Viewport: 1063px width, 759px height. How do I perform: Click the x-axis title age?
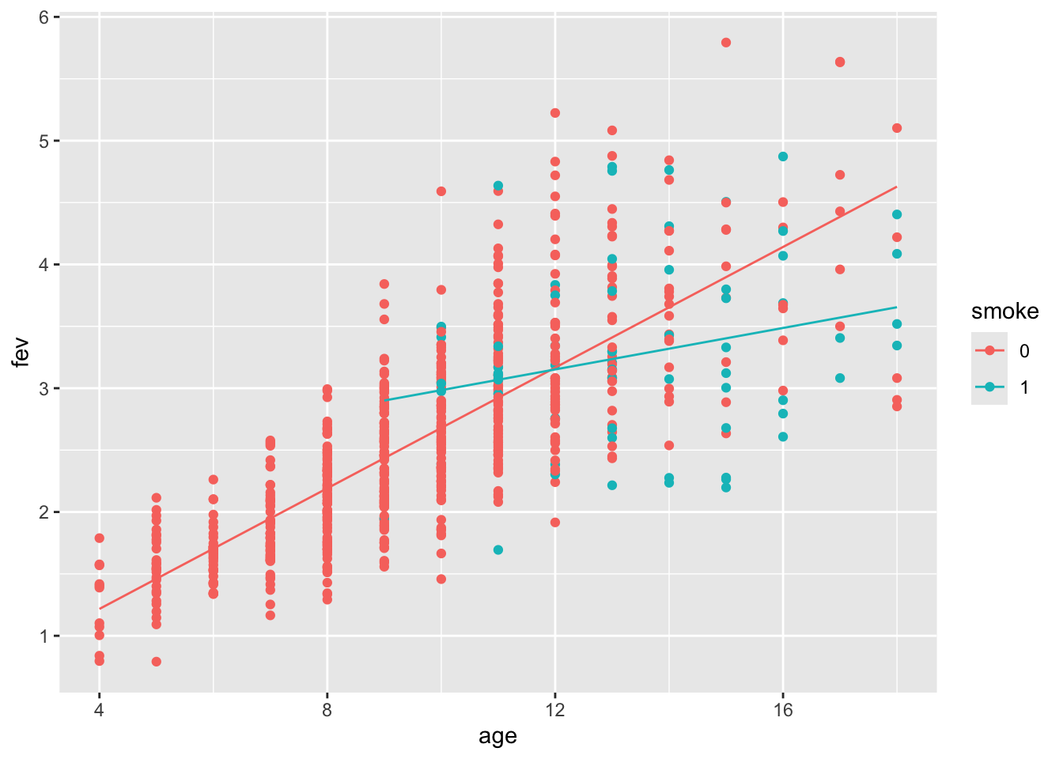pyautogui.click(x=497, y=737)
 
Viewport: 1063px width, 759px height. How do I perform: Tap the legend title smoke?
pyautogui.click(x=1004, y=312)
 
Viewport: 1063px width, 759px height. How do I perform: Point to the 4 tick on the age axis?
pyautogui.click(x=99, y=709)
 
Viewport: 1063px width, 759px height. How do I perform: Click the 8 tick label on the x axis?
pyautogui.click(x=327, y=709)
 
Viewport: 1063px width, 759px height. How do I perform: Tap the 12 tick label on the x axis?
pyautogui.click(x=555, y=709)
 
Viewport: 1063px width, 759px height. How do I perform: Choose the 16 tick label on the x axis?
pyautogui.click(x=783, y=709)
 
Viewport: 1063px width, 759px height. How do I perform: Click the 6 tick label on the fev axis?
pyautogui.click(x=44, y=17)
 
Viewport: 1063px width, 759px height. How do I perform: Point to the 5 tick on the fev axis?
pyautogui.click(x=44, y=141)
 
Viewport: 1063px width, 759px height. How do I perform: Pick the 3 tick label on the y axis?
pyautogui.click(x=44, y=388)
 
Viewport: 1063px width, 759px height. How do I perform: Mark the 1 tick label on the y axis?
pyautogui.click(x=44, y=636)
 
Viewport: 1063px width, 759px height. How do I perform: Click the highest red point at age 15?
pyautogui.click(x=726, y=43)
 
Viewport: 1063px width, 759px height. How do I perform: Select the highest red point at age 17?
pyautogui.click(x=840, y=62)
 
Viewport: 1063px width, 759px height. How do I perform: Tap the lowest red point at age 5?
pyautogui.click(x=157, y=662)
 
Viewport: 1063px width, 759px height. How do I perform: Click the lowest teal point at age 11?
pyautogui.click(x=498, y=549)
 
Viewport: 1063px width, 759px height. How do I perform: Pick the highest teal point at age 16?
pyautogui.click(x=783, y=157)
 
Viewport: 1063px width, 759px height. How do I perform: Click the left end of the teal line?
pyautogui.click(x=385, y=400)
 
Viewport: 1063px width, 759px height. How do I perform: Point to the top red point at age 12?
pyautogui.click(x=555, y=113)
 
